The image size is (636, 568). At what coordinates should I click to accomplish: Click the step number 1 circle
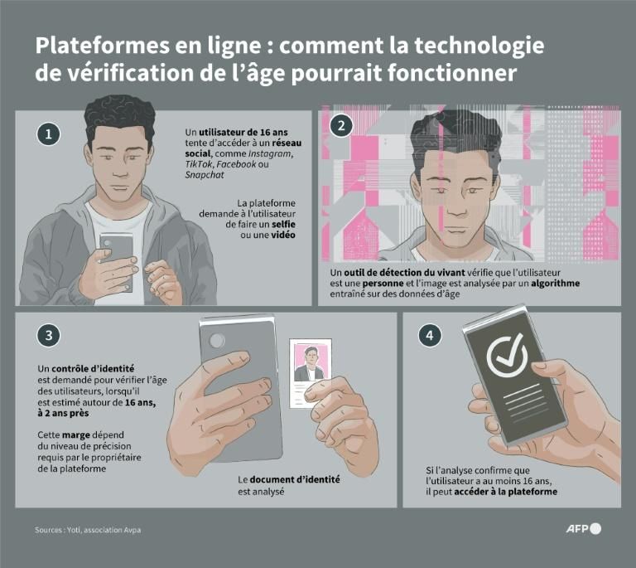tap(49, 134)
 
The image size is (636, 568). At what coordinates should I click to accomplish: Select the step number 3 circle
tap(49, 335)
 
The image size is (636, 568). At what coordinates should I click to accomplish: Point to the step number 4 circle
tap(430, 335)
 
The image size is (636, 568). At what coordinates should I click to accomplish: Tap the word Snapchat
tap(205, 175)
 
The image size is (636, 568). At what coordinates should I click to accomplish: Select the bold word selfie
tap(279, 225)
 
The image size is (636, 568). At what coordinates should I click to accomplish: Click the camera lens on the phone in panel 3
tap(219, 340)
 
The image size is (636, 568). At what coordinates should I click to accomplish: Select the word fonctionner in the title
tap(465, 73)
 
